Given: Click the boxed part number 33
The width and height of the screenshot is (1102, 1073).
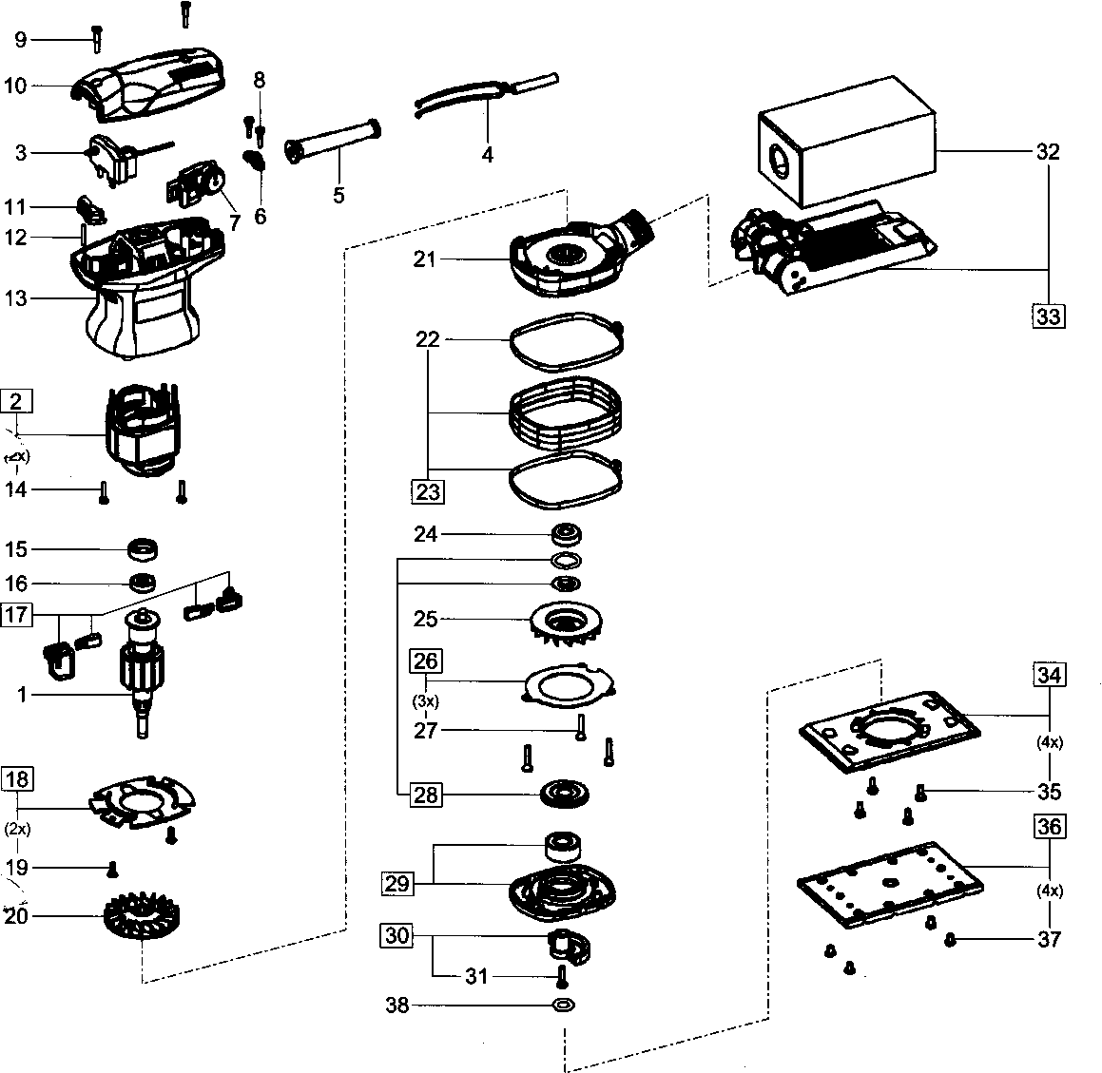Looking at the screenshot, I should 1048,315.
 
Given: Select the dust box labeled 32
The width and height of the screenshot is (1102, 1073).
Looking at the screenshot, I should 846,152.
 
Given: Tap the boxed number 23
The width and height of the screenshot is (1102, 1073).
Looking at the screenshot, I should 428,491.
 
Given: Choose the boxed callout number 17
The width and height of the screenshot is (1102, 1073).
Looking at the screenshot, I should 16,614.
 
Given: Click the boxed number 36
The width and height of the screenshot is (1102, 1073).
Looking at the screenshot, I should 1049,827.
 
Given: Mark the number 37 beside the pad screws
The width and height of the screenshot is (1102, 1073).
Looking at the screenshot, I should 1049,940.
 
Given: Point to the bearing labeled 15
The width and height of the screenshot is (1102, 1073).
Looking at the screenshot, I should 143,548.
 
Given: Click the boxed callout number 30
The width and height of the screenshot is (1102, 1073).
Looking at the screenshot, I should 397,936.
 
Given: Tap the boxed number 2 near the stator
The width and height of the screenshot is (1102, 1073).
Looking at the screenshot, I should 16,401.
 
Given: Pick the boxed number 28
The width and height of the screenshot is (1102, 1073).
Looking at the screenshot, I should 426,795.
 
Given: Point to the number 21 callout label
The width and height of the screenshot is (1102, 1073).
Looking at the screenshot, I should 424,259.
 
